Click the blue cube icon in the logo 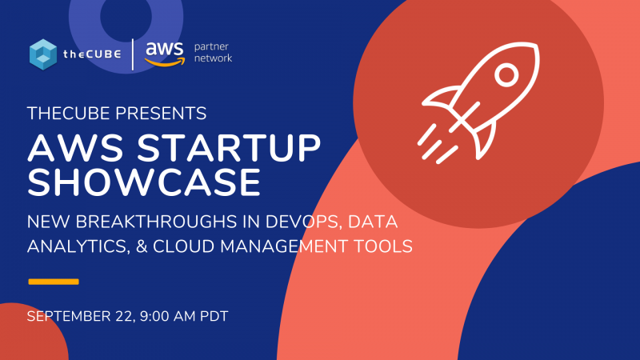pos(43,54)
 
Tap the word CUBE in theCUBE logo pos(103,54)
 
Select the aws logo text pos(165,49)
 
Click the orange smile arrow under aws pos(165,62)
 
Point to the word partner pos(211,47)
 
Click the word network pos(213,58)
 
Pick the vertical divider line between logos pos(133,54)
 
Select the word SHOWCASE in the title pos(144,182)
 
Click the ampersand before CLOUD pos(142,246)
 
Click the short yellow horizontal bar pos(54,282)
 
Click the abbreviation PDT pos(214,316)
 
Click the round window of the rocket pos(506,75)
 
